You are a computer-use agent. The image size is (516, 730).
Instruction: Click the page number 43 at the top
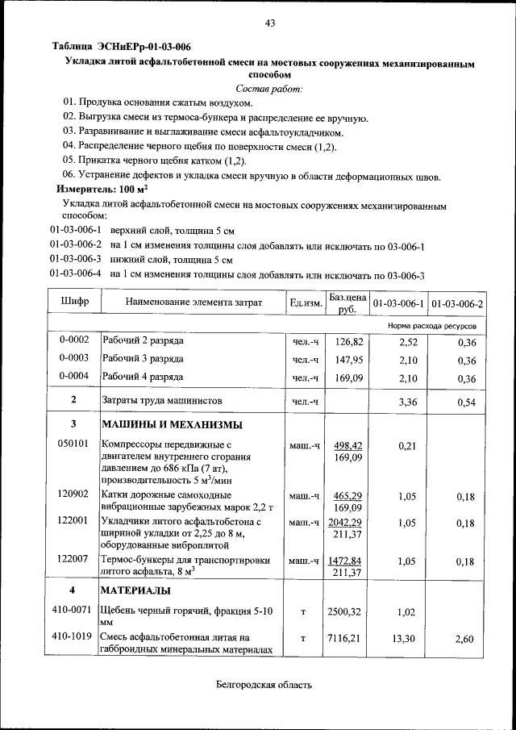click(270, 23)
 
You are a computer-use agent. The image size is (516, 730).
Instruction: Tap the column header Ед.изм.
click(306, 303)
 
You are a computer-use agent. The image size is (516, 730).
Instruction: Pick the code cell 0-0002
click(74, 341)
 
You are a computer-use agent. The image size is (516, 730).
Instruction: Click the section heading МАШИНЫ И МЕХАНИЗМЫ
click(172, 425)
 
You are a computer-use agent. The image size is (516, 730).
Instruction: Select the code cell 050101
click(74, 444)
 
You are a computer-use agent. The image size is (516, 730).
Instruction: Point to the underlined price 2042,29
click(345, 523)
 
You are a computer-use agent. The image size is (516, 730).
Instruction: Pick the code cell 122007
click(74, 558)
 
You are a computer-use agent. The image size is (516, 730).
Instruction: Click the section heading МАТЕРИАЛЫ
click(135, 591)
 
